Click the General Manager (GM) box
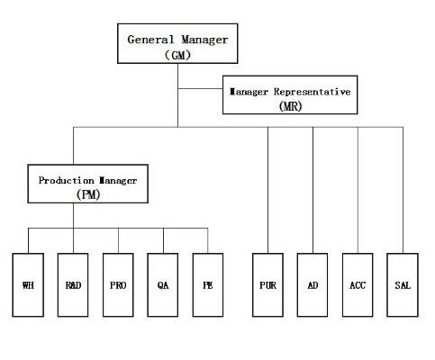[x=177, y=43]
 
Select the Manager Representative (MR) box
[x=290, y=94]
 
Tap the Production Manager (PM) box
[x=87, y=184]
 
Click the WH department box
[x=28, y=284]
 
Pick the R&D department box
[x=73, y=284]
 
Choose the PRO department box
[x=118, y=284]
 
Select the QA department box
[x=163, y=284]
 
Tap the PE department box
[x=208, y=284]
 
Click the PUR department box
[x=267, y=284]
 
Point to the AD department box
[x=313, y=284]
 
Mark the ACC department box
[x=358, y=284]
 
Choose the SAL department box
[x=403, y=284]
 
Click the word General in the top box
[x=150, y=40]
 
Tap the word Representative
[x=312, y=92]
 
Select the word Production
[x=66, y=180]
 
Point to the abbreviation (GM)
[x=177, y=55]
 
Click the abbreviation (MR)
[x=290, y=106]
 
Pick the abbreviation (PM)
[x=88, y=194]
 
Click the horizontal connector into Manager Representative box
[x=200, y=89]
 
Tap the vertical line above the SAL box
[x=403, y=190]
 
